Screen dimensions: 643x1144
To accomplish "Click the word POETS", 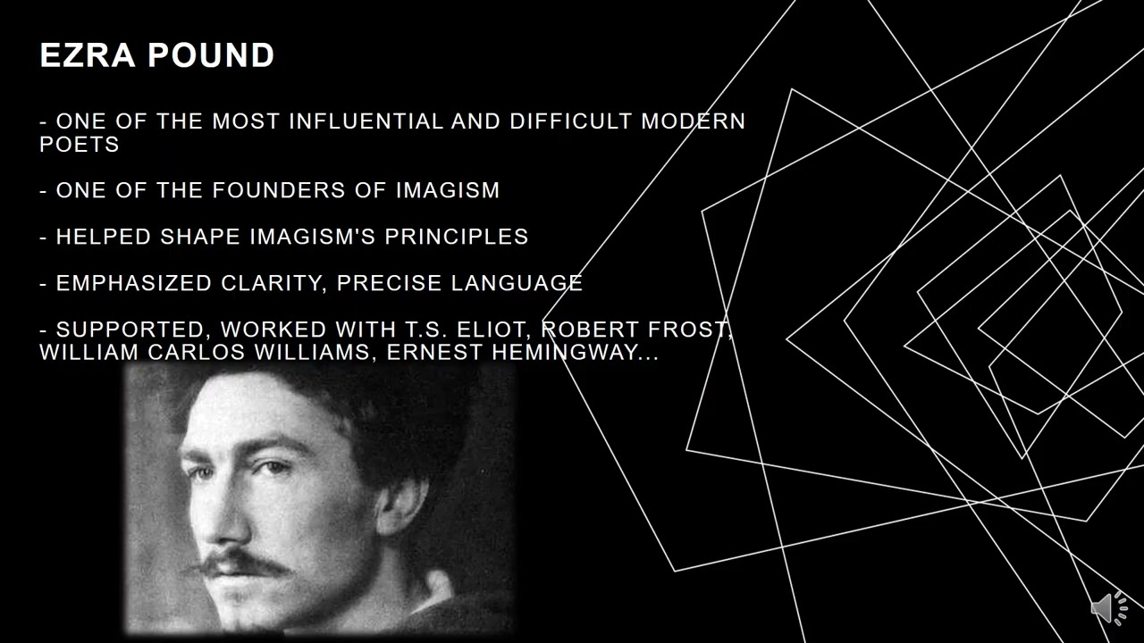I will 80,145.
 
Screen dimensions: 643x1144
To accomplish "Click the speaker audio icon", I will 1109,608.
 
